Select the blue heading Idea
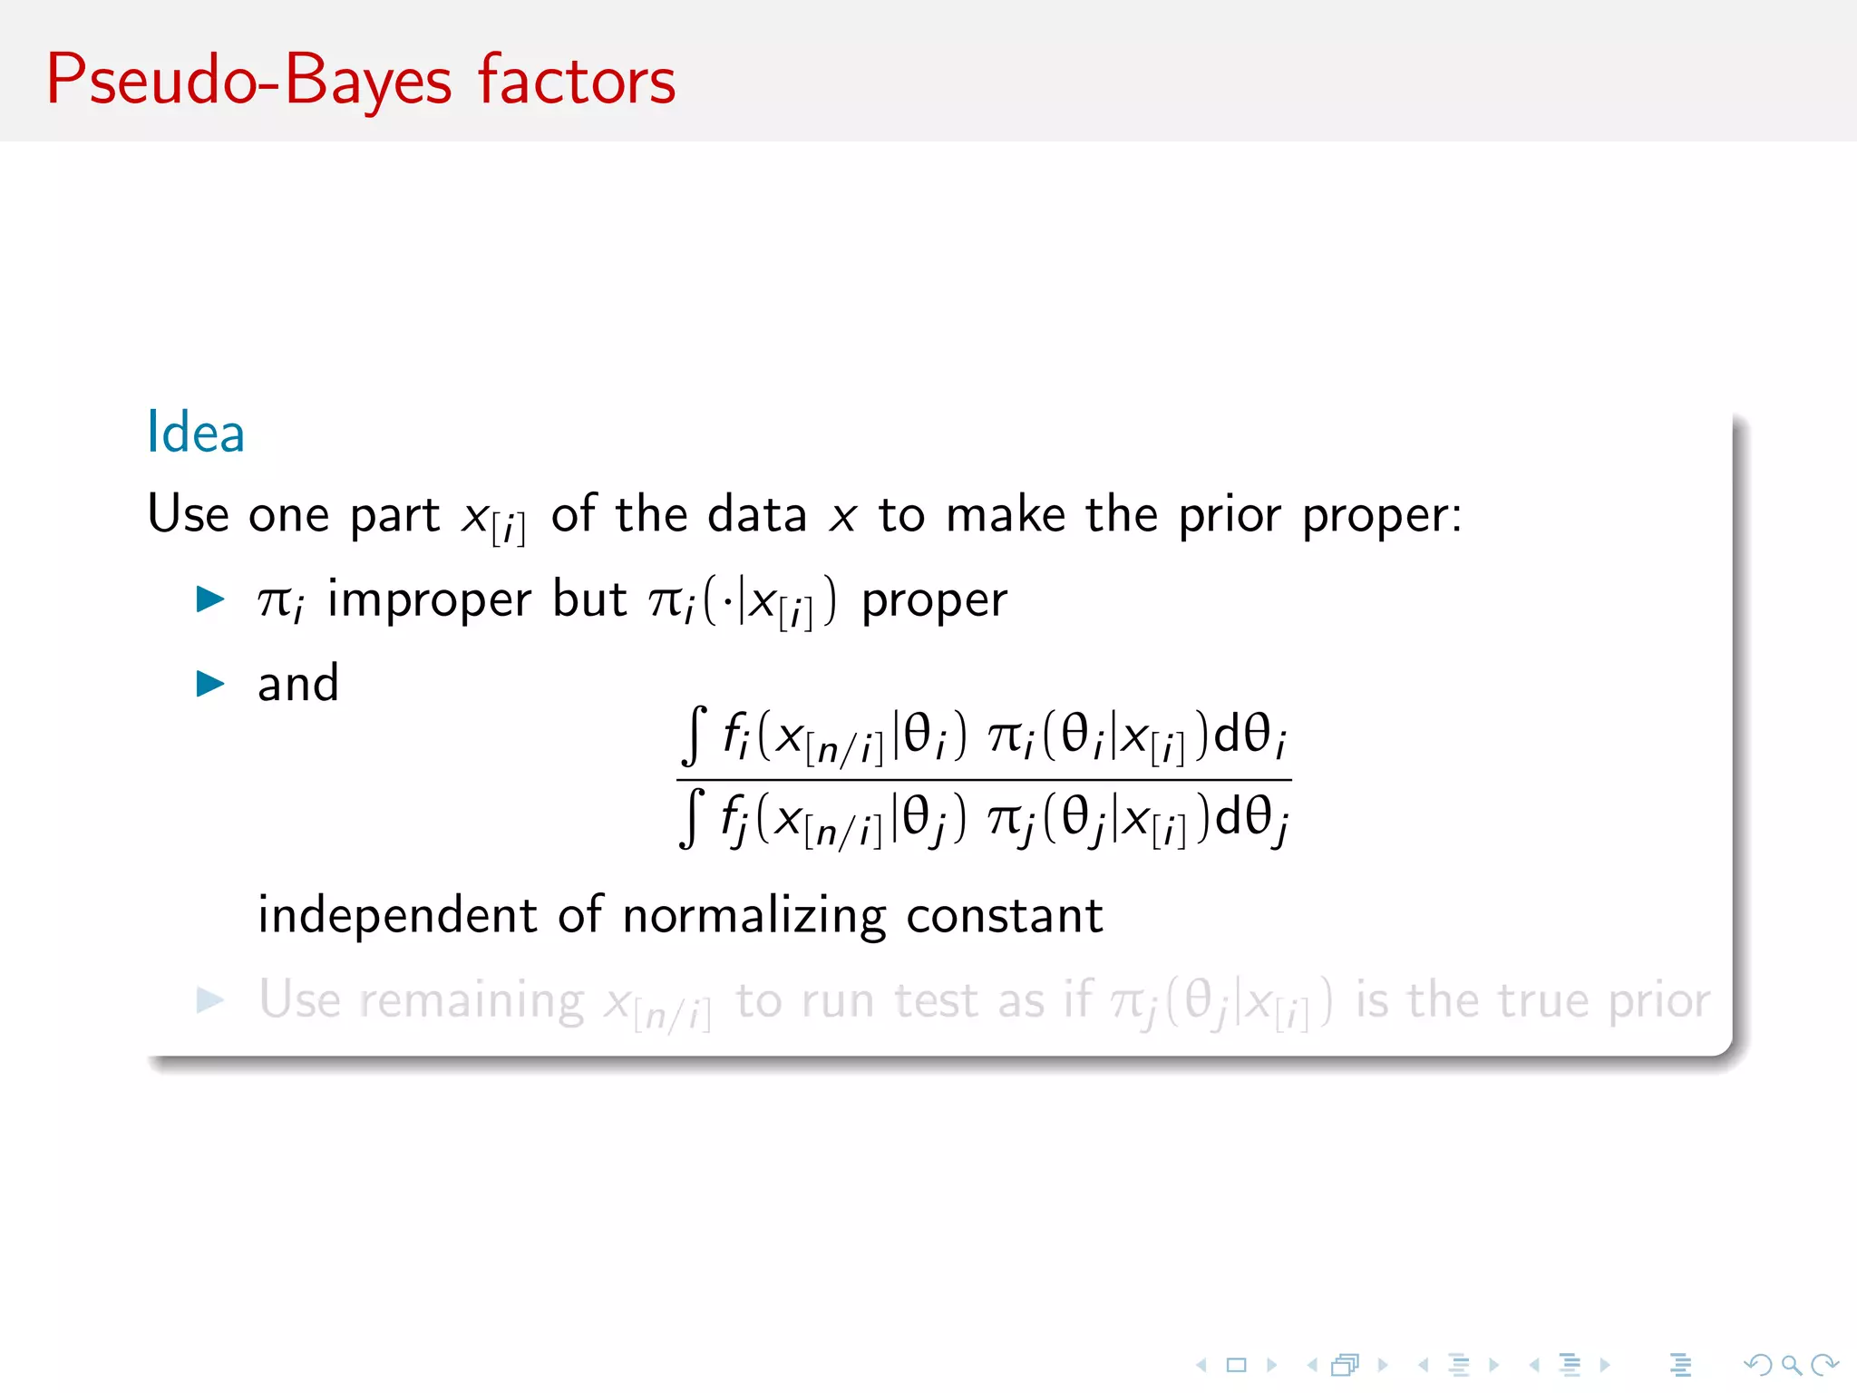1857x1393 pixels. pyautogui.click(x=196, y=432)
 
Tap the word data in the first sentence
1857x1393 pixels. pyautogui.click(x=757, y=514)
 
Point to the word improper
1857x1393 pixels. pyautogui.click(x=429, y=599)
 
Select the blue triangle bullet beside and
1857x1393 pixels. pyautogui.click(x=210, y=684)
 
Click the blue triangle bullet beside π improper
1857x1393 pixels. pyautogui.click(x=210, y=599)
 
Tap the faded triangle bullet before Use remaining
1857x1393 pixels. pyautogui.click(x=210, y=1000)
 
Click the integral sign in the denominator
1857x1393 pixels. pyautogui.click(x=692, y=818)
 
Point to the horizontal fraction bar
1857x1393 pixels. pyautogui.click(x=984, y=779)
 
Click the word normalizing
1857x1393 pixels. pyautogui.click(x=753, y=916)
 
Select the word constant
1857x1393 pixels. pyautogui.click(x=1005, y=916)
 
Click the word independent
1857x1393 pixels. pyautogui.click(x=397, y=916)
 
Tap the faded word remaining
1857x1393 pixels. pyautogui.click(x=472, y=1001)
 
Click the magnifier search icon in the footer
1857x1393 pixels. pyautogui.click(x=1791, y=1364)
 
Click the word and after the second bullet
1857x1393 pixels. pyautogui.click(x=298, y=684)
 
